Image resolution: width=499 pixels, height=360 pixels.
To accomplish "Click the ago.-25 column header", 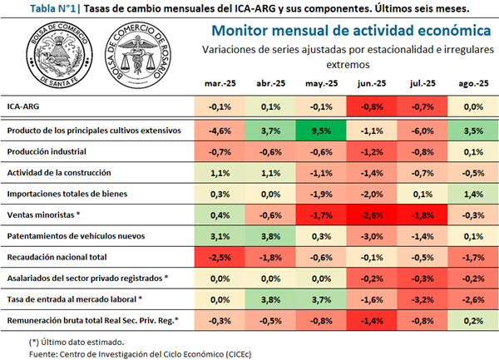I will [x=473, y=84].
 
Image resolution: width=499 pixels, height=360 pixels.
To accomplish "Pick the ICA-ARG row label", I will [x=24, y=107].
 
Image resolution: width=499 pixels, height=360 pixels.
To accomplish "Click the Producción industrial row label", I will [x=46, y=152].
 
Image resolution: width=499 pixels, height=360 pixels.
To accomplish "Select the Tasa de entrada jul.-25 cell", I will [x=422, y=299].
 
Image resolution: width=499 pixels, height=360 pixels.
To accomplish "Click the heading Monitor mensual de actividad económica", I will [x=349, y=31].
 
